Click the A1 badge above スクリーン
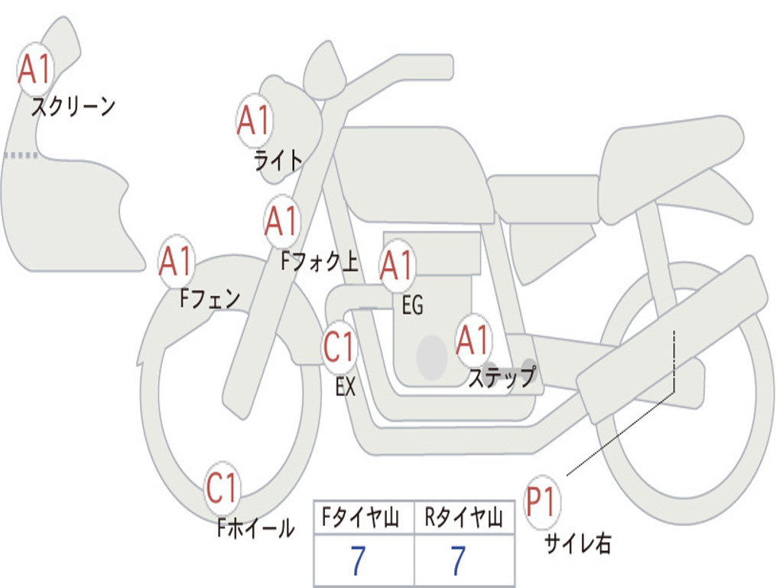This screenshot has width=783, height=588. tap(35, 70)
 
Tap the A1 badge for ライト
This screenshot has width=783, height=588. tap(254, 121)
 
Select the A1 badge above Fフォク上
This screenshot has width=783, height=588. tap(282, 221)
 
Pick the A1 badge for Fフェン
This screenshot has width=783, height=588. tap(177, 262)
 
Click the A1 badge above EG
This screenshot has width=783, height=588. tap(398, 266)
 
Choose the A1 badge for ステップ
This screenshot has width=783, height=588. tap(473, 341)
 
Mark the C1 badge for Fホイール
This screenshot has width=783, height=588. tap(223, 488)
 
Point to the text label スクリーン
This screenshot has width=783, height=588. tap(73, 106)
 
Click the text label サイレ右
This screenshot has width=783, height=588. tap(577, 544)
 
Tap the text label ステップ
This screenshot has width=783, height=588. tap(501, 377)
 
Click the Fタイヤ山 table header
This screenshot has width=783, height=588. tap(363, 518)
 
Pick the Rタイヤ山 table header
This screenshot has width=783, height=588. tap(463, 518)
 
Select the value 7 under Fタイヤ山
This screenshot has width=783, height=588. tap(358, 562)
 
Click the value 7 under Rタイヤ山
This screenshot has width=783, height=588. tap(458, 562)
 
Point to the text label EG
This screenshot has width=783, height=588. tap(412, 305)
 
